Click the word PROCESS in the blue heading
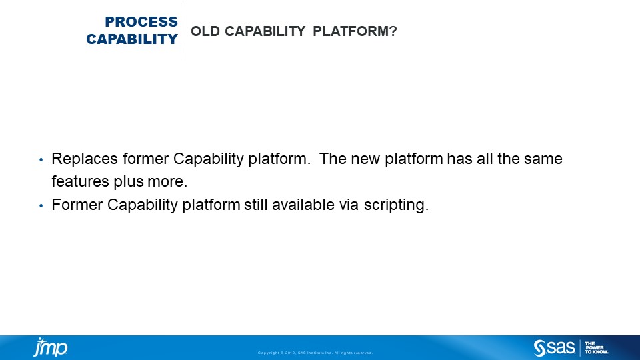[x=141, y=22]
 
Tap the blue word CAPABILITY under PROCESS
[x=132, y=39]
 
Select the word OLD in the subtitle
[x=203, y=31]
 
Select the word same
[x=545, y=159]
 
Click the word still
[x=255, y=205]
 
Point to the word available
[x=303, y=205]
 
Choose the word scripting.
[x=396, y=205]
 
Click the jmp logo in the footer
[x=51, y=347]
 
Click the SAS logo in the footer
[x=554, y=347]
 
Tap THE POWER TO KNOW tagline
[x=596, y=347]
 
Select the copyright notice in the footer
[x=315, y=353]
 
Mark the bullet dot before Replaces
[x=41, y=161]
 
